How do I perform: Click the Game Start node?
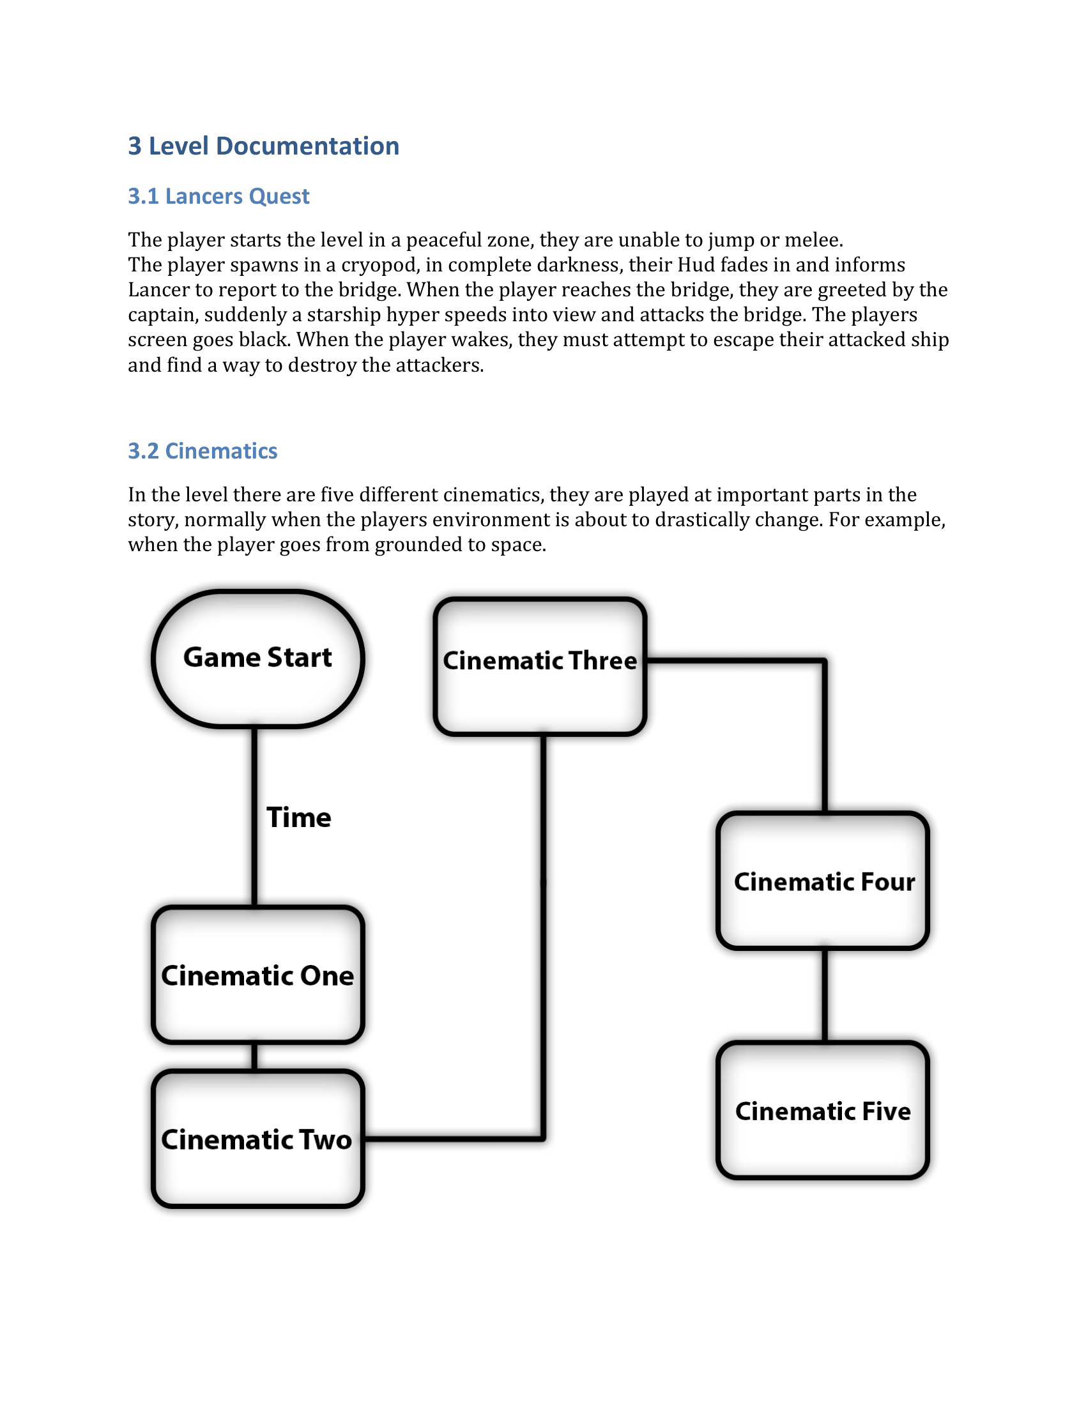coord(258,658)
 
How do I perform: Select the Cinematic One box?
coord(258,975)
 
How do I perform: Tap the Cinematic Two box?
coord(258,1139)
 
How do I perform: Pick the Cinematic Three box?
coord(540,665)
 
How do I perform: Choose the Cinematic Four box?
coord(823,881)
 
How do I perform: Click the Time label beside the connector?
coord(298,817)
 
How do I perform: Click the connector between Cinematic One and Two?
coord(255,1056)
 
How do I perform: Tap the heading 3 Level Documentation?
coord(263,146)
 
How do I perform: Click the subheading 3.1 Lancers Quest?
coord(218,196)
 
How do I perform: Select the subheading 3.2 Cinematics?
coord(202,451)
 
